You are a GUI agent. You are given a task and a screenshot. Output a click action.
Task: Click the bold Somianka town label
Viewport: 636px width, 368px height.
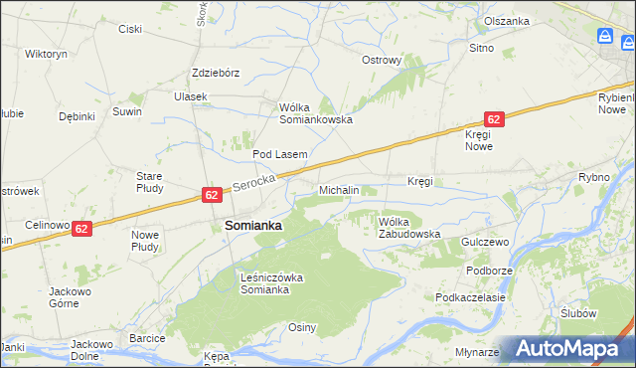point(253,226)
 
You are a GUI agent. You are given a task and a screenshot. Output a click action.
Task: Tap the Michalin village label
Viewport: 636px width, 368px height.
point(339,189)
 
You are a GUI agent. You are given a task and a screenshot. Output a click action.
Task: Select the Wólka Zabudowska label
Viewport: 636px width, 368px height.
point(408,227)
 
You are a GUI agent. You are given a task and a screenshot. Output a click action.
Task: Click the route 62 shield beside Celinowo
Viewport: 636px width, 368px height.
point(81,228)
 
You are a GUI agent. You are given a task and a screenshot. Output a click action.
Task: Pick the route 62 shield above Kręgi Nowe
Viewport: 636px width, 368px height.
point(495,118)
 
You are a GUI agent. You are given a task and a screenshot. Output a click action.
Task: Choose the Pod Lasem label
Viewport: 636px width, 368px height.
point(279,154)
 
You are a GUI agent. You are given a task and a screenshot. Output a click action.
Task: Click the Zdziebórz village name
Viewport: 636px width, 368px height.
point(216,73)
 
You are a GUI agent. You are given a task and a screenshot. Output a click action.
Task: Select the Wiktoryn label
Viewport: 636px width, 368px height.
point(46,53)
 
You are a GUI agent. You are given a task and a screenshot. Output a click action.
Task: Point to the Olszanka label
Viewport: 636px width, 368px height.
point(507,20)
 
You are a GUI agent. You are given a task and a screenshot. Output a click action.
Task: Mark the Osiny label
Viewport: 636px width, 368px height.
point(302,327)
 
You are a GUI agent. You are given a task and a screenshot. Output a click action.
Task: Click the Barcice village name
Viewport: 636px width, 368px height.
point(147,338)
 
